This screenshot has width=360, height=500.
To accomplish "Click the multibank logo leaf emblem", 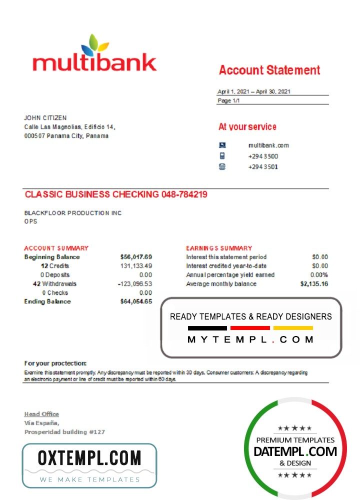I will [94, 45].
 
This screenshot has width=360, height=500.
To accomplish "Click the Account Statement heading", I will [269, 70].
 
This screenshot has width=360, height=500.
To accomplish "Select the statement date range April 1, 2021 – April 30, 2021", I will [253, 91].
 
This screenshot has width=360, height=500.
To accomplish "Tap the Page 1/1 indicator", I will [228, 100].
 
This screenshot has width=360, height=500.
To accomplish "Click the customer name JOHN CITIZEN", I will [45, 118].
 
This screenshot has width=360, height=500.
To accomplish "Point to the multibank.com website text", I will [268, 145].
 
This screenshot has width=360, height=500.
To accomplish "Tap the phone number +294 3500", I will [263, 156].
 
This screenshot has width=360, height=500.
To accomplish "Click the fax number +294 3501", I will [263, 167].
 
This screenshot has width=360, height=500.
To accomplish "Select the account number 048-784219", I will [184, 194].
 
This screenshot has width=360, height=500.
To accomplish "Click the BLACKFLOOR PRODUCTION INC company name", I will [73, 213].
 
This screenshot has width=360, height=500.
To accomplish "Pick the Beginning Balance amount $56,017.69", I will [136, 257].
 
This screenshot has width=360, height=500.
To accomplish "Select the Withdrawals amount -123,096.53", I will [134, 284].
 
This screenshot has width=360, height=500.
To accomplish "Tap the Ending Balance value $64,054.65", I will [136, 301].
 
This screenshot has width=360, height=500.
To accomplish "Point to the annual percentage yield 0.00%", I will [318, 275].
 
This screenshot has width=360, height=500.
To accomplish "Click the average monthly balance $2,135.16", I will [314, 284].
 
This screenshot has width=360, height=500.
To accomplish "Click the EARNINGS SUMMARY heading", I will [219, 248].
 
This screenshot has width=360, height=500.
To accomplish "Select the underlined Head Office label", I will [41, 414].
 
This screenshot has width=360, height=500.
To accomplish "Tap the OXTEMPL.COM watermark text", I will [89, 458].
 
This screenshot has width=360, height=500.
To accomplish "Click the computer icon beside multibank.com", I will [222, 145].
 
